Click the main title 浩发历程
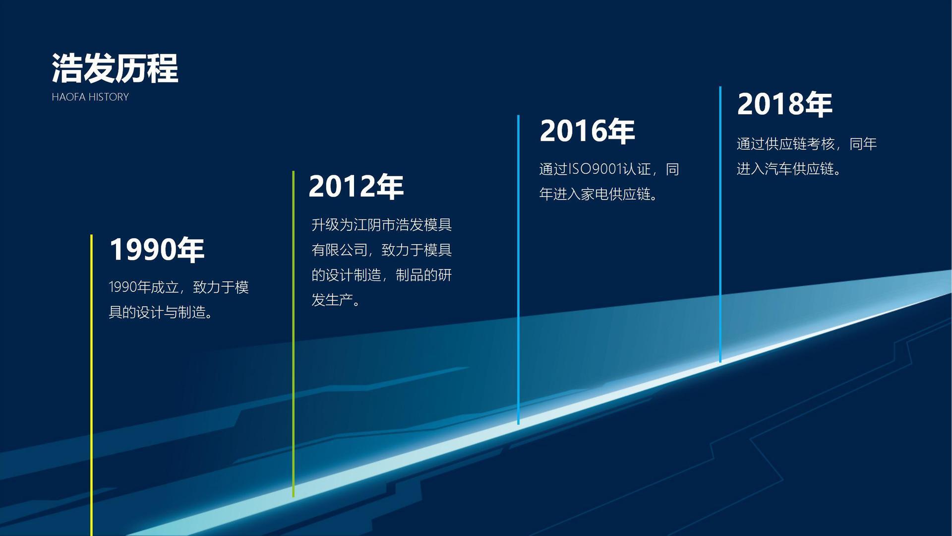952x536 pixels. (115, 68)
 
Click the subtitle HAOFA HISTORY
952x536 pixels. (90, 97)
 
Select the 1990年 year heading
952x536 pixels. (157, 249)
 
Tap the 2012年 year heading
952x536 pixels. (356, 187)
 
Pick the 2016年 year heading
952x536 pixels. (587, 131)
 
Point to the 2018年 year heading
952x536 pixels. (784, 104)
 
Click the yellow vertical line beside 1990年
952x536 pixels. (91, 385)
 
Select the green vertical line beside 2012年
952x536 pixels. (294, 334)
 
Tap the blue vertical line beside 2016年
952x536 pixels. (518, 270)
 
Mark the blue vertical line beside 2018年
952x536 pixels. (720, 224)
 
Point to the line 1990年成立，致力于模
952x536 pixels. (178, 287)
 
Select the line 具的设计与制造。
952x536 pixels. (161, 313)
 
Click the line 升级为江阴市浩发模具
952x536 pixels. (382, 225)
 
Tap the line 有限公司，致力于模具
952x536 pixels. (382, 250)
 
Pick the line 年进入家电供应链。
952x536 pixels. (599, 194)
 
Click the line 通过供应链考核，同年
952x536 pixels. (807, 144)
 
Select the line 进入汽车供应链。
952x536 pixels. (789, 169)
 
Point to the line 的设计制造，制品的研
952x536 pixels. (382, 275)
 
